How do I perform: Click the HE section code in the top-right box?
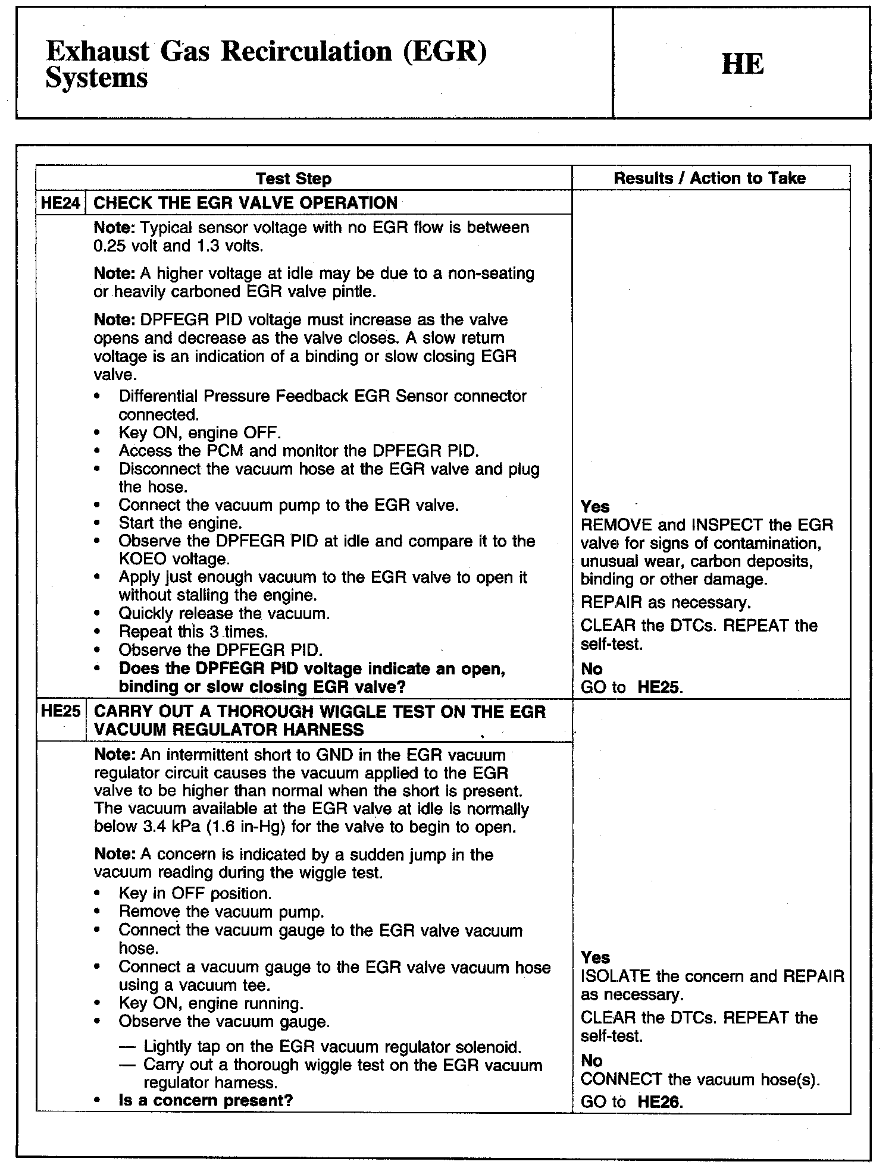(x=742, y=64)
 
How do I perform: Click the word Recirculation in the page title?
(x=307, y=52)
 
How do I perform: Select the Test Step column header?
(x=293, y=178)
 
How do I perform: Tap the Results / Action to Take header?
(x=710, y=178)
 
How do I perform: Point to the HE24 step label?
(x=61, y=203)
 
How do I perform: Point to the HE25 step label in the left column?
(x=61, y=711)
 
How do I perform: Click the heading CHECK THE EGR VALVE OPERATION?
(x=246, y=203)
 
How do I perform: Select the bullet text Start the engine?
(x=180, y=523)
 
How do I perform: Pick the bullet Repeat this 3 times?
(x=193, y=632)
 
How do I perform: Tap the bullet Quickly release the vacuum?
(x=224, y=613)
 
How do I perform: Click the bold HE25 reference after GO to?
(x=658, y=687)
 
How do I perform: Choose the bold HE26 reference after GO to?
(x=658, y=1102)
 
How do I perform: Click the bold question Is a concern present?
(x=206, y=1100)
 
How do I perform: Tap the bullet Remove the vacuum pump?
(x=221, y=912)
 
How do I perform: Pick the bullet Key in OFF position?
(x=195, y=893)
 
